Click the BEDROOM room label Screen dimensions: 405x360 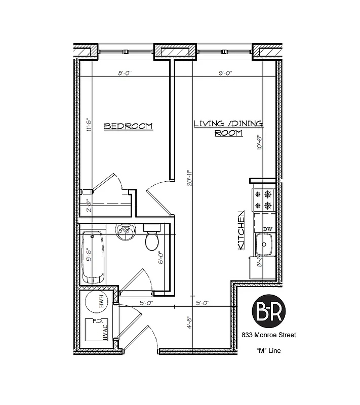tap(128, 126)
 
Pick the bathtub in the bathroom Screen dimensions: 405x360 tap(93, 257)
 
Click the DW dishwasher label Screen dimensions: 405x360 tap(267, 229)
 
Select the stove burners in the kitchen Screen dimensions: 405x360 tap(264, 199)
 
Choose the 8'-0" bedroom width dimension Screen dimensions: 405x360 tap(125, 73)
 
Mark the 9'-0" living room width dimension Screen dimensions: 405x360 tap(225, 73)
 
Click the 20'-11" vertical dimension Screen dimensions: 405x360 tap(189, 178)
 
